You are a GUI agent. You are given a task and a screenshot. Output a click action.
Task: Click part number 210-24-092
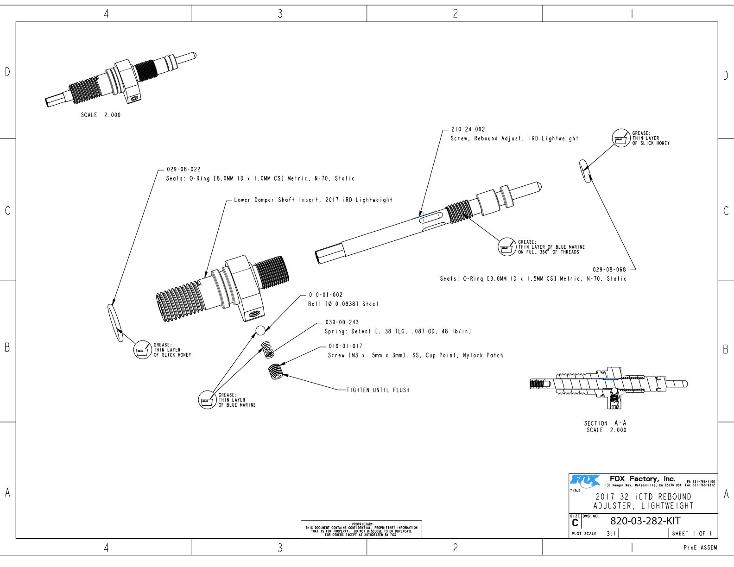[468, 130]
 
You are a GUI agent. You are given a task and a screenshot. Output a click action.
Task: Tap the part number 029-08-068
[609, 270]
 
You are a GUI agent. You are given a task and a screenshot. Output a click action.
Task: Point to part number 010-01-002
[325, 295]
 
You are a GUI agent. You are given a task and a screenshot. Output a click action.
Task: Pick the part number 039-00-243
[342, 322]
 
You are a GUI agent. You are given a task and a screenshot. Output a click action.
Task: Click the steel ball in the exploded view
[260, 330]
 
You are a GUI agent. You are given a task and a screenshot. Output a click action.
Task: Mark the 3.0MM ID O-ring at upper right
[585, 171]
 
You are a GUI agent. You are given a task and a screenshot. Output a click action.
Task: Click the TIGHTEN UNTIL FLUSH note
[378, 390]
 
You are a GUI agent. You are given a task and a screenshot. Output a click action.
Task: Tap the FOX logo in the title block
[585, 480]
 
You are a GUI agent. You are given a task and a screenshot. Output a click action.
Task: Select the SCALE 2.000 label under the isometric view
[101, 115]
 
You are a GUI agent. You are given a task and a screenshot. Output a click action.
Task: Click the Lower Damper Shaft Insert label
[313, 200]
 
